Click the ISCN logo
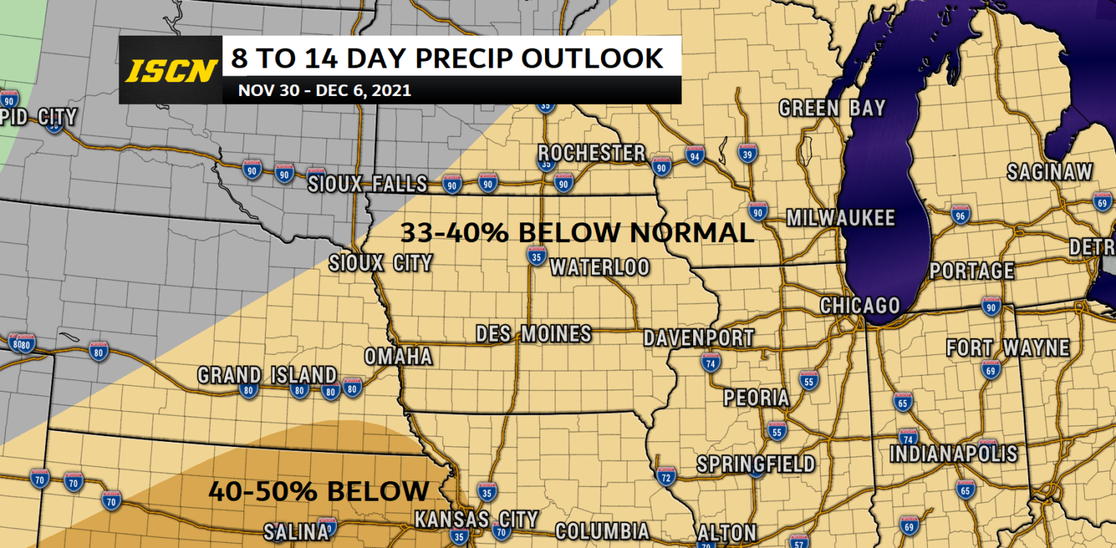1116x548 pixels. tap(171, 70)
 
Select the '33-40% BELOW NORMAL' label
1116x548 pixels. tap(577, 233)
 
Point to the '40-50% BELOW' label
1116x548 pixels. tap(318, 491)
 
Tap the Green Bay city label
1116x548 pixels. tap(832, 108)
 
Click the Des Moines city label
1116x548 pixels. tap(533, 334)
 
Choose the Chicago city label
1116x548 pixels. tap(860, 305)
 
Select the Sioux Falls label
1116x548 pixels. tap(365, 184)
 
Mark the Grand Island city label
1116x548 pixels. tap(267, 375)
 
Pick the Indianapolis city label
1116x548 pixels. tap(954, 454)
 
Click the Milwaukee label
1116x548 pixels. tap(841, 218)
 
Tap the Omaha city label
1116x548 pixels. tap(398, 357)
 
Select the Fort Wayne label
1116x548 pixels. tap(1008, 348)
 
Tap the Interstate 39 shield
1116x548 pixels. tap(748, 153)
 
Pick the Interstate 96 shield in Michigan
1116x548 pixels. tap(961, 214)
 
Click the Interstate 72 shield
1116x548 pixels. tap(666, 476)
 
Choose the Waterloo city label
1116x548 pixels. tap(599, 267)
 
